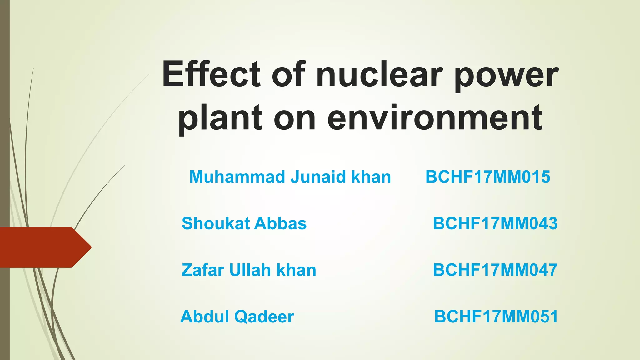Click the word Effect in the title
coord(211,74)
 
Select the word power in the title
coord(506,77)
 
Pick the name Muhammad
coord(237,177)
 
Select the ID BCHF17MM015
coord(488,177)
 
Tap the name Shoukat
coord(216,223)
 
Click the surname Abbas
coord(280,223)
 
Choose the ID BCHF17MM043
coord(495,223)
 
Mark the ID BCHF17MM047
coord(495,270)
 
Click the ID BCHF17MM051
coord(496,317)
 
